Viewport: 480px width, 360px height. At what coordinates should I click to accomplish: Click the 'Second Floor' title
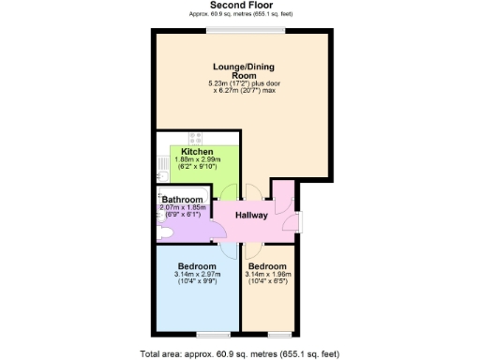pyautogui.click(x=239, y=6)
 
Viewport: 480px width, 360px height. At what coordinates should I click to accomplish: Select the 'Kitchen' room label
pyautogui.click(x=197, y=152)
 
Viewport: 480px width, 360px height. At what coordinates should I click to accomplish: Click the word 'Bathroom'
pyautogui.click(x=182, y=200)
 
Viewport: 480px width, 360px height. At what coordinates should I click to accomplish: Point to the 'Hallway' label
pyautogui.click(x=251, y=216)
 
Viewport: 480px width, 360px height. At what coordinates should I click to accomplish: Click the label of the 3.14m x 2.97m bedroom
pyautogui.click(x=197, y=266)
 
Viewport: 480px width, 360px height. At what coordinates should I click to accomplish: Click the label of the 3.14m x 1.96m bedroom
pyautogui.click(x=268, y=266)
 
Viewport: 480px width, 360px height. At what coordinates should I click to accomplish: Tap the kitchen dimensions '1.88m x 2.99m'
pyautogui.click(x=197, y=160)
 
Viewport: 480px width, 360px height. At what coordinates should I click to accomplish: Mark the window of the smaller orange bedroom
pyautogui.click(x=278, y=334)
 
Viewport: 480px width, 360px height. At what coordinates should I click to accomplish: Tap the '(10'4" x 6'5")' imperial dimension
pyautogui.click(x=268, y=282)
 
